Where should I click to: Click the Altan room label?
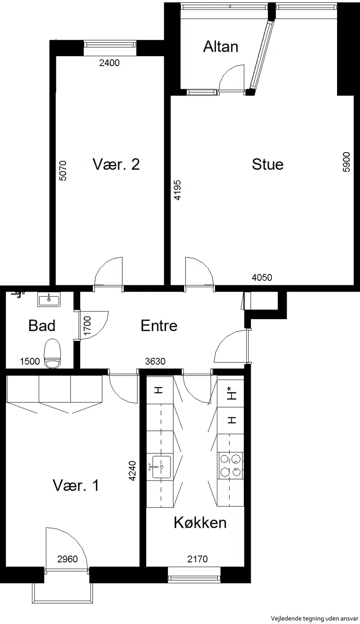pos(220,46)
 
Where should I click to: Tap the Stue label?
pos(268,164)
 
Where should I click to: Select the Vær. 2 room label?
pos(116,164)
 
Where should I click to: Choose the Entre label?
pos(159,326)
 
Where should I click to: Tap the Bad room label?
pos(42,326)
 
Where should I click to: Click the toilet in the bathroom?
pos(52,353)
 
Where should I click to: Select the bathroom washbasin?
pos(49,299)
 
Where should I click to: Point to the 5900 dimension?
pos(346,162)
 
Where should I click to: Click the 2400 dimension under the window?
pos(109,63)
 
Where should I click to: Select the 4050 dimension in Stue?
pos(262,277)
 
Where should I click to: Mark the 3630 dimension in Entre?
pos(155,362)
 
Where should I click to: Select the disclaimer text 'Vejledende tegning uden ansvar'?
pos(315,619)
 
